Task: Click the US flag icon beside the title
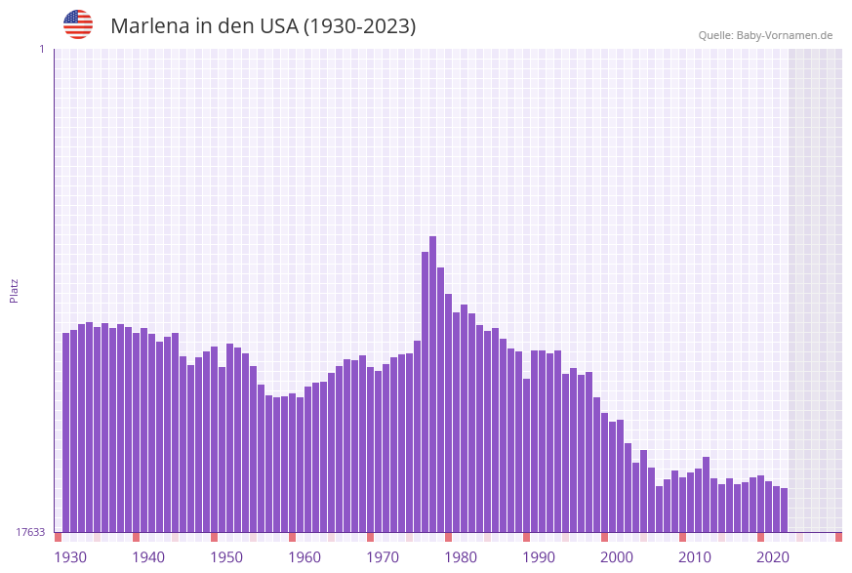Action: click(78, 24)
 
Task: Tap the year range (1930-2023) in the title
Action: click(359, 26)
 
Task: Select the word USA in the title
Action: click(278, 26)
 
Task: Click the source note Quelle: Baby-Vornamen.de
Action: click(765, 35)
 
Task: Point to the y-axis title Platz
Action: click(15, 290)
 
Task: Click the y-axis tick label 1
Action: click(41, 49)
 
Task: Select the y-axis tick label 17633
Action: click(30, 532)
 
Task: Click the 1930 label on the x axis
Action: click(70, 557)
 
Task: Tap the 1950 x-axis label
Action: click(226, 557)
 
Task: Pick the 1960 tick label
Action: click(304, 557)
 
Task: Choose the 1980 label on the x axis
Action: click(461, 557)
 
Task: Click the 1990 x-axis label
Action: click(539, 557)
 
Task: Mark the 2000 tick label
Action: click(617, 557)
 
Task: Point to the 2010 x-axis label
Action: click(695, 557)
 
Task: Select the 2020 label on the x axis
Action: click(773, 557)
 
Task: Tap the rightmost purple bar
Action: click(784, 510)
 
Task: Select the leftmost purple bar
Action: click(65, 432)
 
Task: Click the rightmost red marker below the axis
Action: click(838, 537)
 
